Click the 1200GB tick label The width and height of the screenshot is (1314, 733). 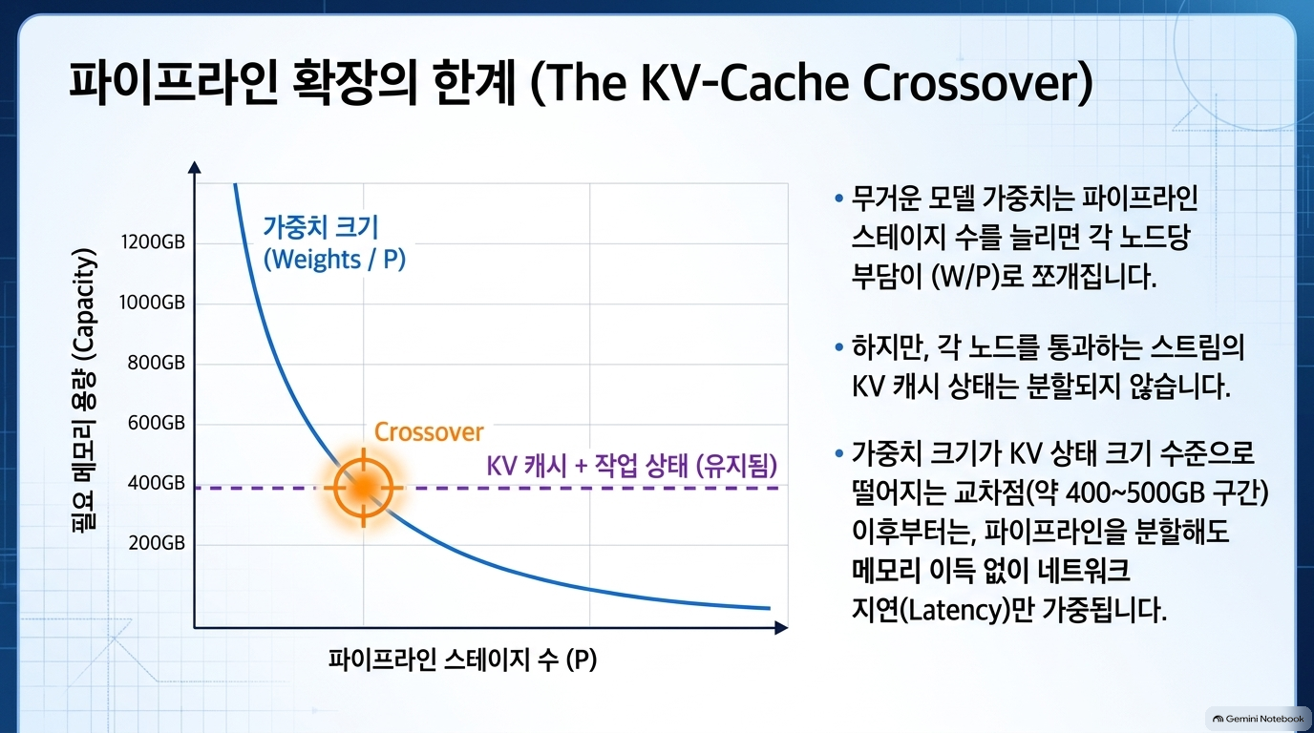153,241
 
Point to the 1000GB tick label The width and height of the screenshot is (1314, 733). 152,303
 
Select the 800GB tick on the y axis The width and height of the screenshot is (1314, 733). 157,363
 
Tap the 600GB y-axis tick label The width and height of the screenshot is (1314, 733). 157,423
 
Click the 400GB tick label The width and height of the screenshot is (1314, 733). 157,483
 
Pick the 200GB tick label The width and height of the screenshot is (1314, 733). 157,543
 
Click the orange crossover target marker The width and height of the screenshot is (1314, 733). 364,488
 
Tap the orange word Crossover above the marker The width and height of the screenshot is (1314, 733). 429,432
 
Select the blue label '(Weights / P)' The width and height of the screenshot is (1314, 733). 334,260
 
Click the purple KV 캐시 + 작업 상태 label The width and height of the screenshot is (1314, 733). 632,466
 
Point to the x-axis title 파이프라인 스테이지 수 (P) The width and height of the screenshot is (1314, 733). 462,660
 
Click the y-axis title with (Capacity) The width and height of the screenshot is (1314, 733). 84,389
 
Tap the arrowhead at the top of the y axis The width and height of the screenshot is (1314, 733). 194,167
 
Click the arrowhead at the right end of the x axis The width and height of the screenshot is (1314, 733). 781,628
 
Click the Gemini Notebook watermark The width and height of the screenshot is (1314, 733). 1258,719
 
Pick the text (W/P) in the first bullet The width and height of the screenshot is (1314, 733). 964,276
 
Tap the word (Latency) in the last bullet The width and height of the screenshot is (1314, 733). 955,610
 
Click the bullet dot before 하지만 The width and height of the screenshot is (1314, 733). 838,347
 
